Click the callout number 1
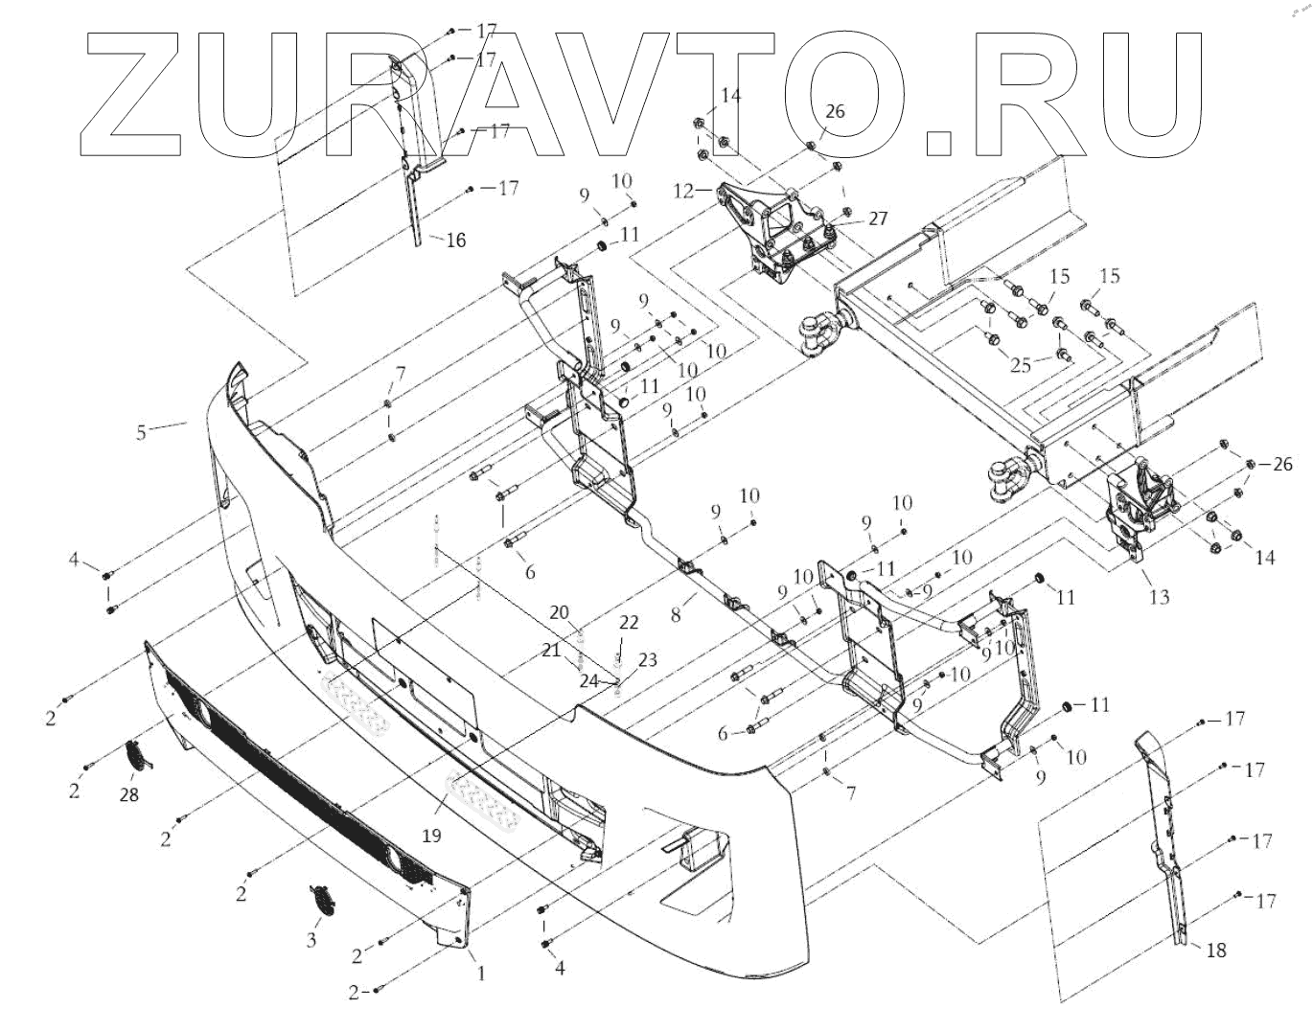pyautogui.click(x=481, y=974)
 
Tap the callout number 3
pyautogui.click(x=311, y=940)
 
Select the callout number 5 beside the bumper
pyautogui.click(x=141, y=432)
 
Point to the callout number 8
pyautogui.click(x=677, y=614)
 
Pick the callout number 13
pyautogui.click(x=1159, y=598)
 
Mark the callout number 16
pyautogui.click(x=456, y=240)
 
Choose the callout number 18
pyautogui.click(x=1215, y=951)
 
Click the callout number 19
pyautogui.click(x=431, y=836)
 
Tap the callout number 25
pyautogui.click(x=1022, y=363)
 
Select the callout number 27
pyautogui.click(x=878, y=218)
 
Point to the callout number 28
pyautogui.click(x=129, y=794)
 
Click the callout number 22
pyautogui.click(x=627, y=623)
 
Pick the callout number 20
pyautogui.click(x=560, y=613)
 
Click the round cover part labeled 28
pyautogui.click(x=140, y=754)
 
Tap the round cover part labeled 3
pyautogui.click(x=323, y=900)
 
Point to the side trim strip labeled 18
pyautogui.click(x=1165, y=843)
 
